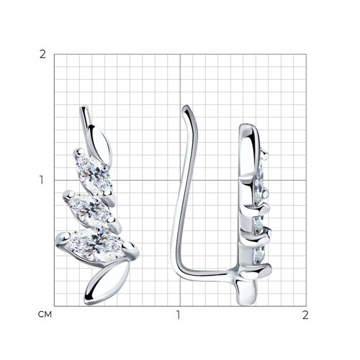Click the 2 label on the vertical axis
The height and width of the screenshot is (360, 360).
(42, 55)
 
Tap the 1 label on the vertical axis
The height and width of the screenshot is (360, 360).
(42, 180)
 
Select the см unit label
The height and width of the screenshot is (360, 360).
(45, 315)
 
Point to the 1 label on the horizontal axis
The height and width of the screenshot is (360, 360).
(178, 315)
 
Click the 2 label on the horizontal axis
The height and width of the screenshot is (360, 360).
(305, 315)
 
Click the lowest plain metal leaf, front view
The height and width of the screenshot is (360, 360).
(107, 283)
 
